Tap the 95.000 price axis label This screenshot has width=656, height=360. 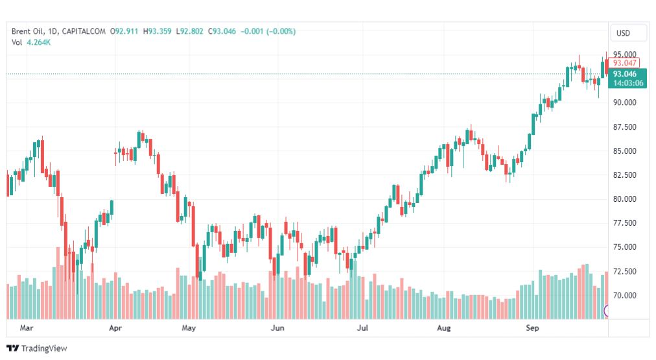625,54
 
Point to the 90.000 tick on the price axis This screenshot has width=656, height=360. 625,102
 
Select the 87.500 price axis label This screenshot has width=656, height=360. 625,127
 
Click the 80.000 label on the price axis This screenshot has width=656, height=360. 625,199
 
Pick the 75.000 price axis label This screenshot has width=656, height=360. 625,247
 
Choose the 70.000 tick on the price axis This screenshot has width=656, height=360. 625,296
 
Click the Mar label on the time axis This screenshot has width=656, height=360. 27,328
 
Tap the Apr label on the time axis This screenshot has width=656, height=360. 116,328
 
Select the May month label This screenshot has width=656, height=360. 189,328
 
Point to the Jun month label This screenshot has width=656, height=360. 277,328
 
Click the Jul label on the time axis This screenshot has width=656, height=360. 363,328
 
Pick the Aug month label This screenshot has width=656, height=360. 444,328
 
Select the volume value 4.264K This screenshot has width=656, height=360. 39,42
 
